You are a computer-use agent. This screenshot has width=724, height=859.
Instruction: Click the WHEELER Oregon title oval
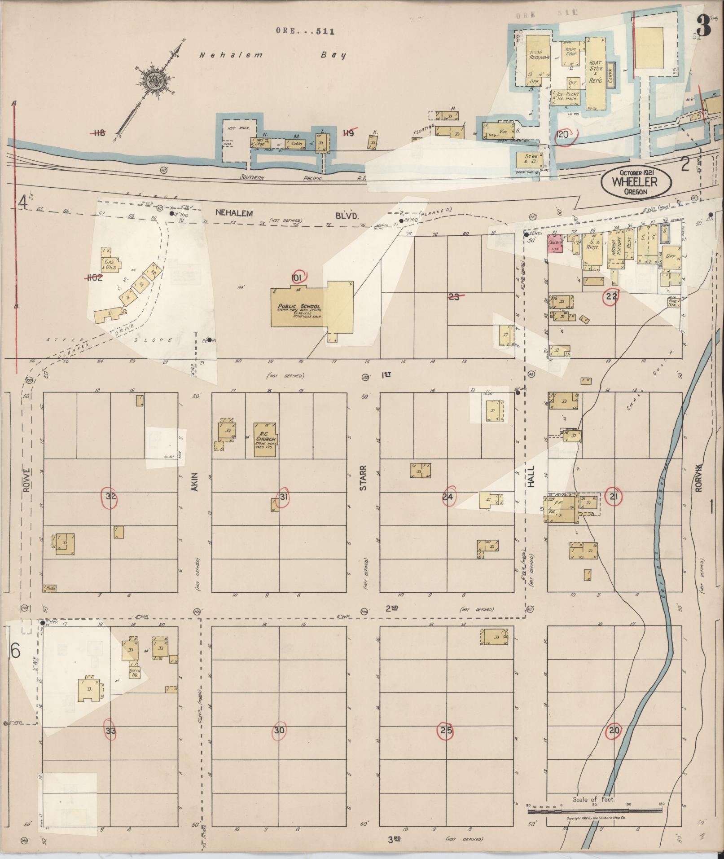636,182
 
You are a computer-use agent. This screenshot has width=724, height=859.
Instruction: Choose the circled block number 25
446,731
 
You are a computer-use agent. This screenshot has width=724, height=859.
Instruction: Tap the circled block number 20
614,731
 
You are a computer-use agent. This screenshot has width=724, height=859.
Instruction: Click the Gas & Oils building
110,264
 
